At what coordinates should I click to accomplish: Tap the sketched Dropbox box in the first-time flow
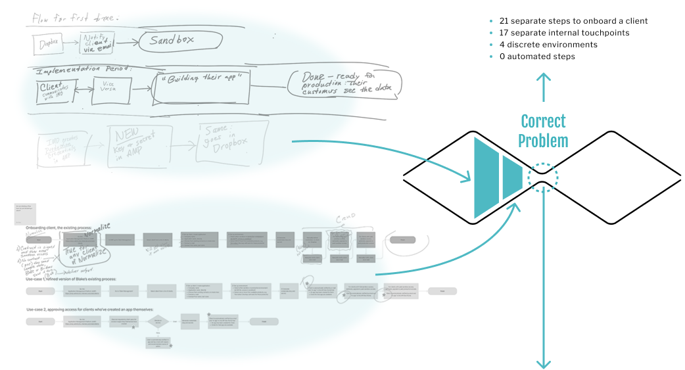(49, 44)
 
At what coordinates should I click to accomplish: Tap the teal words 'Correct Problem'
(543, 131)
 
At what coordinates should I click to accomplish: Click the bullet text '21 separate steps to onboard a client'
(573, 21)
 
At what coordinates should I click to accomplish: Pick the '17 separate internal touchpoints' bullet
(565, 33)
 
